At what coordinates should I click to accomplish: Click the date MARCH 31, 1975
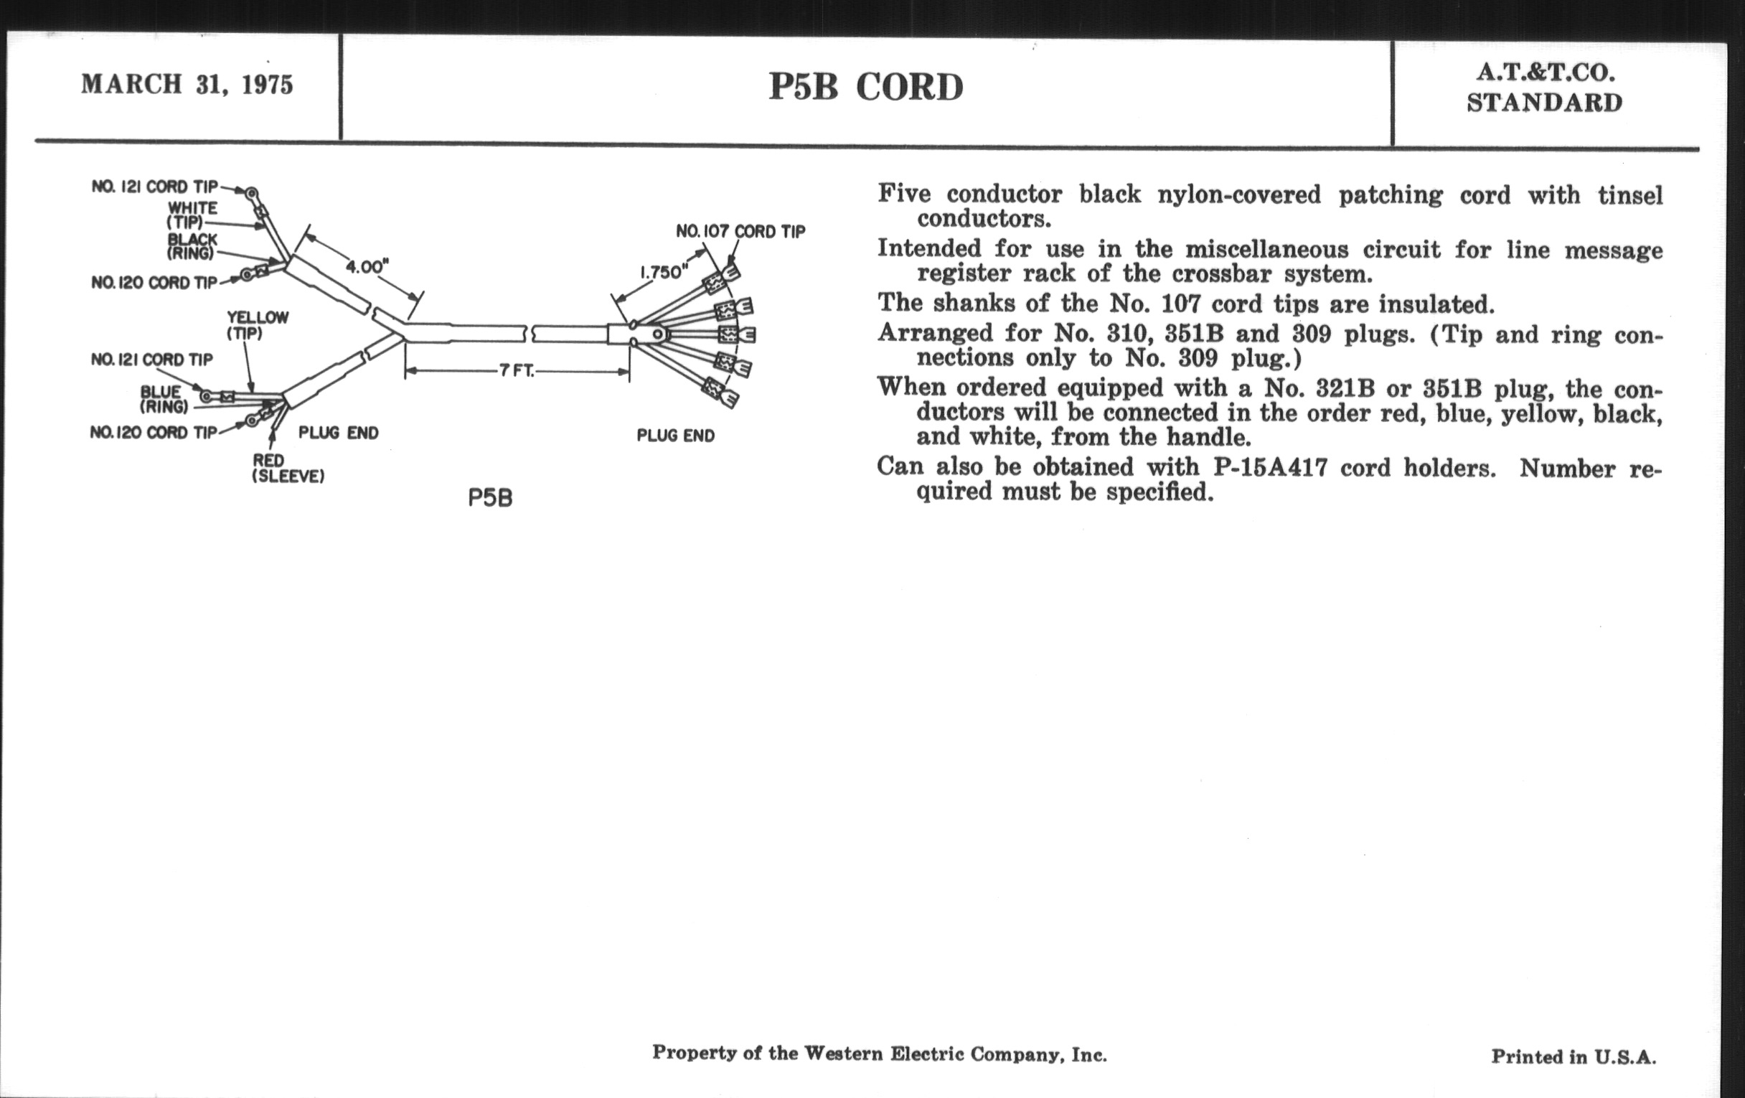pyautogui.click(x=187, y=84)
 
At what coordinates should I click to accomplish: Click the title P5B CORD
pyautogui.click(x=866, y=87)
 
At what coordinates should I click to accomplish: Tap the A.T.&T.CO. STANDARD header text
pyautogui.click(x=1544, y=88)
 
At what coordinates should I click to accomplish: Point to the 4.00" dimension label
pyautogui.click(x=367, y=267)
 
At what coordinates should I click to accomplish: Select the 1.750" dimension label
pyautogui.click(x=661, y=273)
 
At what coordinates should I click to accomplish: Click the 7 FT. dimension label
pyautogui.click(x=516, y=371)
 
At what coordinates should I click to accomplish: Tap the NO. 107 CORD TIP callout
pyautogui.click(x=740, y=231)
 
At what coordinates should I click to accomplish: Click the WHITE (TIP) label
pyautogui.click(x=192, y=215)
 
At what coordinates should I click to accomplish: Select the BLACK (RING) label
pyautogui.click(x=192, y=246)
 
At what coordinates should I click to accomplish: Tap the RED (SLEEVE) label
pyautogui.click(x=287, y=468)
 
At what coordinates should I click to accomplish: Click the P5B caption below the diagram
pyautogui.click(x=490, y=499)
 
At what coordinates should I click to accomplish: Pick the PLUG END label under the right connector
pyautogui.click(x=675, y=436)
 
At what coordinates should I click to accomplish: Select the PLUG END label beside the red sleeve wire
pyautogui.click(x=339, y=433)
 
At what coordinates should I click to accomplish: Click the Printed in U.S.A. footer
pyautogui.click(x=1574, y=1056)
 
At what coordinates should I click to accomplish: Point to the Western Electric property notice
pyautogui.click(x=879, y=1053)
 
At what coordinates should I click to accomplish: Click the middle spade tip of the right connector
pyautogui.click(x=738, y=335)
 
